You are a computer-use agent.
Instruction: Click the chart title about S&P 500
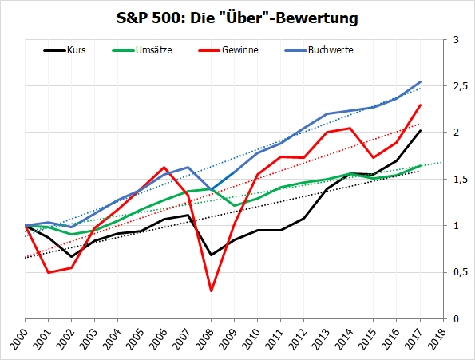(238, 16)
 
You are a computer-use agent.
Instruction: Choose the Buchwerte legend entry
(332, 50)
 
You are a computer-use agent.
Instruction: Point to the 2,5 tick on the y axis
(459, 85)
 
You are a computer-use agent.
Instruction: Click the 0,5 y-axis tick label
(459, 272)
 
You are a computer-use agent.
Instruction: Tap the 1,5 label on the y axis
(459, 179)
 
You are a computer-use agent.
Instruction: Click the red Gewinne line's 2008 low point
(210, 291)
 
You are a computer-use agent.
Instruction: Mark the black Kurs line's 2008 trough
(210, 255)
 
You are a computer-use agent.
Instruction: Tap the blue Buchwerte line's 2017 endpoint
(421, 81)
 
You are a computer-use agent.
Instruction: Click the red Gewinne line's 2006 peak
(164, 168)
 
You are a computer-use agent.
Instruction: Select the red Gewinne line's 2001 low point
(48, 272)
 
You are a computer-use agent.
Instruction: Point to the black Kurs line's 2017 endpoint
(421, 130)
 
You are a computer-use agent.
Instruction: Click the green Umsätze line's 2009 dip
(233, 206)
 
